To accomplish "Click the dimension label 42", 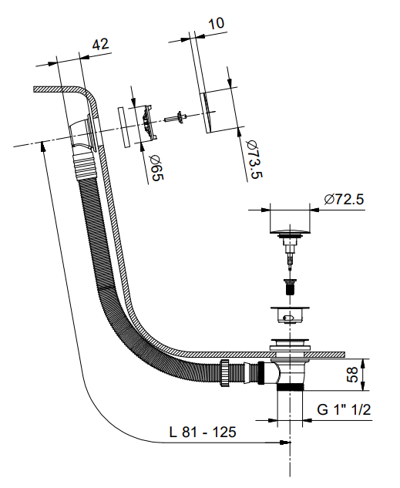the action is (100, 45).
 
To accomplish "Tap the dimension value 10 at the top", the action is (216, 23).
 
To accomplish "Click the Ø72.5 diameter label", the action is (344, 199).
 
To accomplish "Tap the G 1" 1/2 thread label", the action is (344, 409).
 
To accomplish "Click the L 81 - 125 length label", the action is (203, 432).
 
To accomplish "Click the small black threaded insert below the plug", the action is (291, 287).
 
